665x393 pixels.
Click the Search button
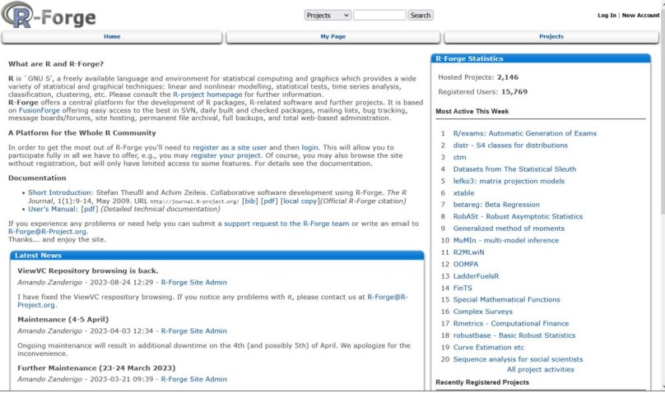point(420,15)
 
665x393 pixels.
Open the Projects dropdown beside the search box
point(328,15)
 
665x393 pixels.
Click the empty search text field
point(379,15)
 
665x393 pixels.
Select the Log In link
point(607,15)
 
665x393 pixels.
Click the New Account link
point(640,15)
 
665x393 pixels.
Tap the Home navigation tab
point(112,37)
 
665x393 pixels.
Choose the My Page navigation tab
point(332,37)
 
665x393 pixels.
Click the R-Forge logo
point(49,16)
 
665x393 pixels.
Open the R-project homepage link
point(207,95)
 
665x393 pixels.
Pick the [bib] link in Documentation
point(249,201)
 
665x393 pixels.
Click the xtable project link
point(464,192)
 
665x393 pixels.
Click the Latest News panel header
point(37,256)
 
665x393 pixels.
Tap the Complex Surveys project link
point(482,312)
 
